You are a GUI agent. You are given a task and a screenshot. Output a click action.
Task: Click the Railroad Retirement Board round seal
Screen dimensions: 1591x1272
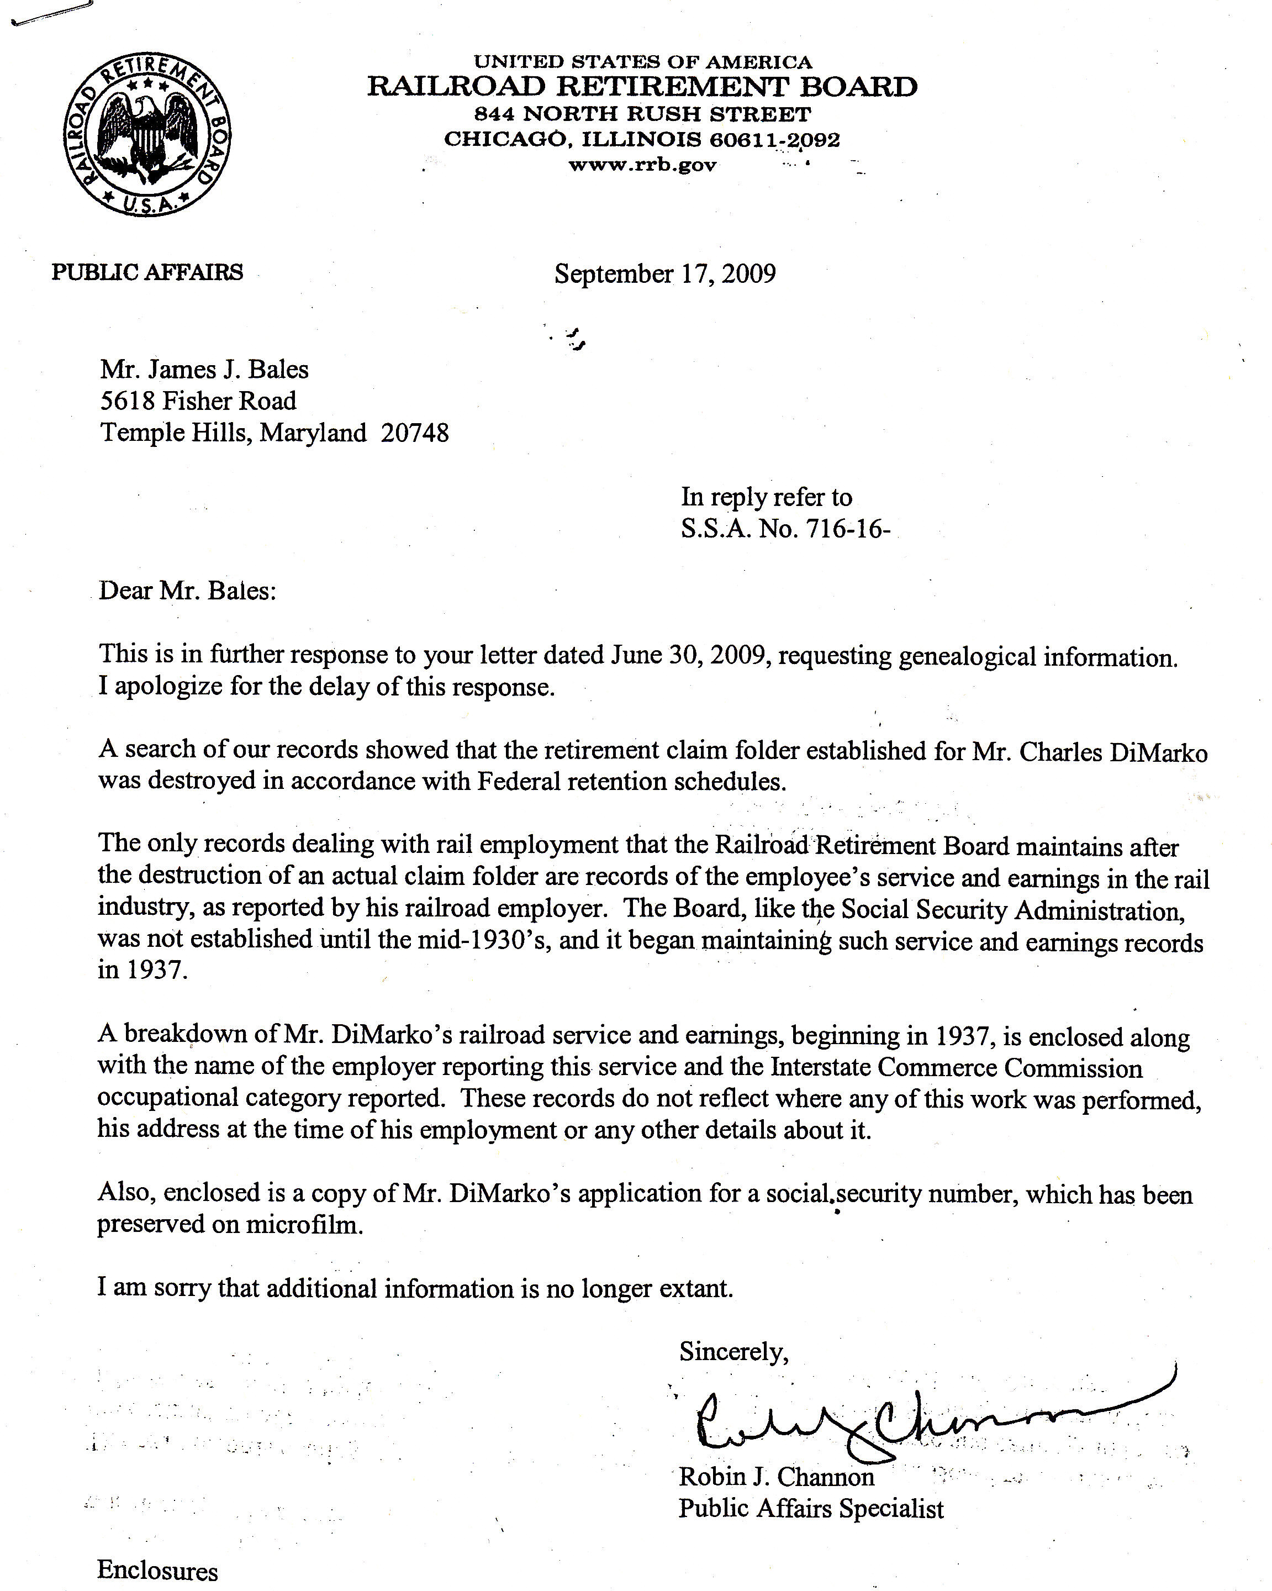(x=146, y=135)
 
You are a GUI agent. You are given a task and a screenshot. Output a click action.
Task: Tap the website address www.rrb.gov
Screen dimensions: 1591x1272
(x=642, y=165)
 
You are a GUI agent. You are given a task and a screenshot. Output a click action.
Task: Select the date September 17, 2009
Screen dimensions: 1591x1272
(x=665, y=274)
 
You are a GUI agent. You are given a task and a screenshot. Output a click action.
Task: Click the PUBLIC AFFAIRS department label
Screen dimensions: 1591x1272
(x=147, y=272)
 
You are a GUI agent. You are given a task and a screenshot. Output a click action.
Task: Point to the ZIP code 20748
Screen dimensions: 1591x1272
(x=415, y=433)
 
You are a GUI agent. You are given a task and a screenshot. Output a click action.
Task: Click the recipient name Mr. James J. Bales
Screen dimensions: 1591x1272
(x=204, y=369)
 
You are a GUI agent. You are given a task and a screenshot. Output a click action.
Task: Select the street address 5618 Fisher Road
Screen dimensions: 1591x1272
(x=198, y=401)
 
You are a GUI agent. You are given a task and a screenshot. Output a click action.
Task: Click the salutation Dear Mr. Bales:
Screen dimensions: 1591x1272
(x=187, y=591)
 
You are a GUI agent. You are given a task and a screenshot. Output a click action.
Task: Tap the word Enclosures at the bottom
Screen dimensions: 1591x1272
(x=157, y=1571)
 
